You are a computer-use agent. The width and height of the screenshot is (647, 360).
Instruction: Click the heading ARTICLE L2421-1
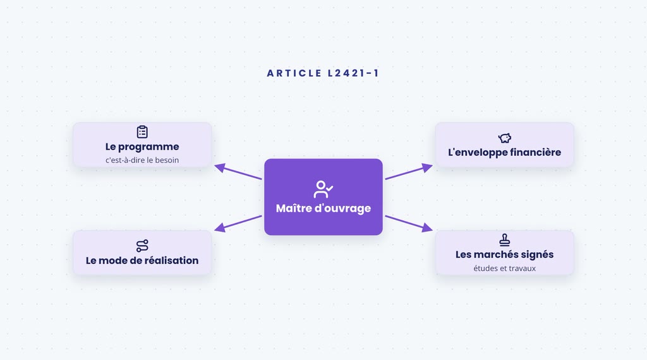click(x=323, y=73)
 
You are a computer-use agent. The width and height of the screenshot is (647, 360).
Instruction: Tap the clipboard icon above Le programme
click(x=142, y=132)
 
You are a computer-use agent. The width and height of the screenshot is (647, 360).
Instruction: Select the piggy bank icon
click(x=505, y=138)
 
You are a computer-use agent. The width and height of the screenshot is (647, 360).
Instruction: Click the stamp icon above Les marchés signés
click(x=505, y=240)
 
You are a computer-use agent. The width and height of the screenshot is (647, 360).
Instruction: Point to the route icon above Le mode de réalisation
click(x=142, y=246)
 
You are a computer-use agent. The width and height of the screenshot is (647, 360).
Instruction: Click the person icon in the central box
click(x=323, y=189)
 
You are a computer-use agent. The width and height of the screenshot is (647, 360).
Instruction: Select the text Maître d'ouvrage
click(x=323, y=208)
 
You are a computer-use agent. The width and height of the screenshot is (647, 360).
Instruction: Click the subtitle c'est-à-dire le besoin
click(x=142, y=160)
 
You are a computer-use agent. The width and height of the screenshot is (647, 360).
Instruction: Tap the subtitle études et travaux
click(x=505, y=268)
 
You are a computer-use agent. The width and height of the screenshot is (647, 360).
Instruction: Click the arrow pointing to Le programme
click(x=238, y=172)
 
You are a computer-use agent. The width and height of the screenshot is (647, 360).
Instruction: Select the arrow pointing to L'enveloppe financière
click(x=409, y=172)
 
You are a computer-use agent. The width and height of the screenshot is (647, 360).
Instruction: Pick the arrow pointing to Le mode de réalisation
click(x=238, y=224)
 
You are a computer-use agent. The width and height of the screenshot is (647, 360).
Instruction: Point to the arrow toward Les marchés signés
click(x=409, y=224)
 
